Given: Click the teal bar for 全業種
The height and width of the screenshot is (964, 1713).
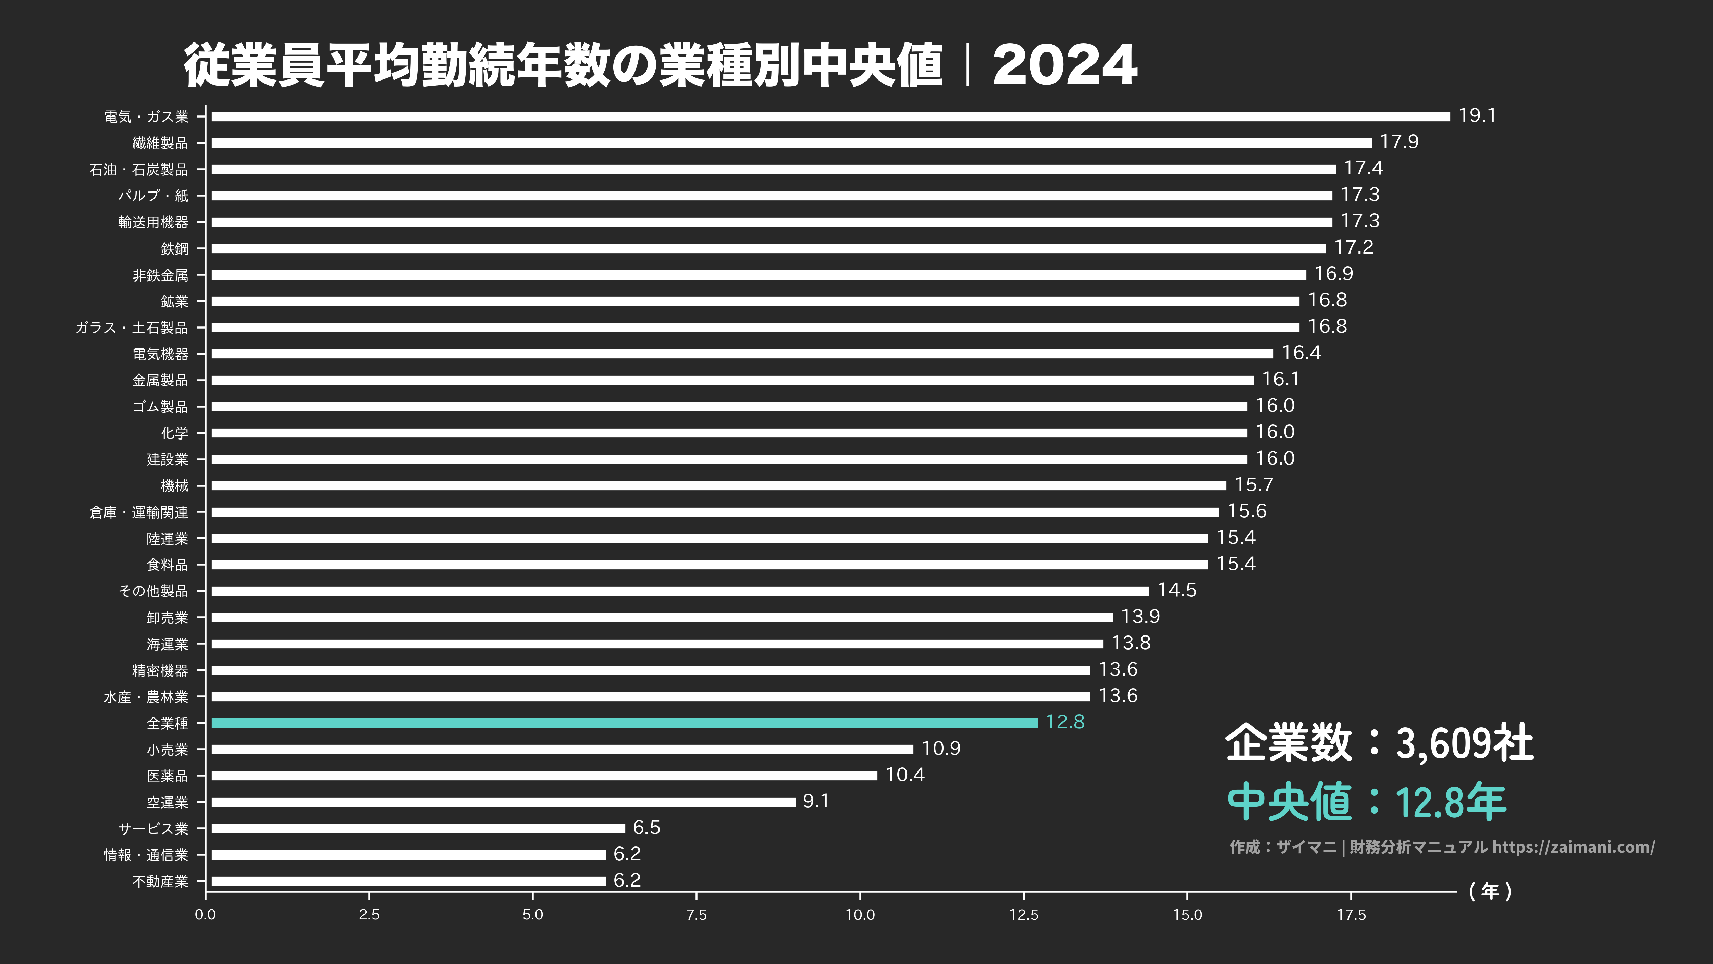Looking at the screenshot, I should click(624, 723).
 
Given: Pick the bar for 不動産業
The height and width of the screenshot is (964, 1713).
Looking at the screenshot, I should click(408, 881).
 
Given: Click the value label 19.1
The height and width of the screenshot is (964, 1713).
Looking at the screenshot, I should click(1477, 116).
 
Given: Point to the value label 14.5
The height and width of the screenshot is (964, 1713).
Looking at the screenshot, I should click(1176, 590).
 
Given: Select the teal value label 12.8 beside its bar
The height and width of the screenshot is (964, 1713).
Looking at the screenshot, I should click(1065, 722).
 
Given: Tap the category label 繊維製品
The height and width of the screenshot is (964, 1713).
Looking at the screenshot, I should click(160, 143).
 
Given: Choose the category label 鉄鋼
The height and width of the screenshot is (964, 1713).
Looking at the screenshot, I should click(174, 249).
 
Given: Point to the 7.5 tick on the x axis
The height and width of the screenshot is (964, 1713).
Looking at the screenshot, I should click(696, 915).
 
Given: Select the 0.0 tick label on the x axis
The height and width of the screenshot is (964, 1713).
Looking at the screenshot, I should click(206, 915).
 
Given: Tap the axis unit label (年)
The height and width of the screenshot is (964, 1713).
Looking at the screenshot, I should click(1490, 891).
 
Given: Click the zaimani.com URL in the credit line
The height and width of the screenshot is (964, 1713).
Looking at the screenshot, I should click(1573, 847).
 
